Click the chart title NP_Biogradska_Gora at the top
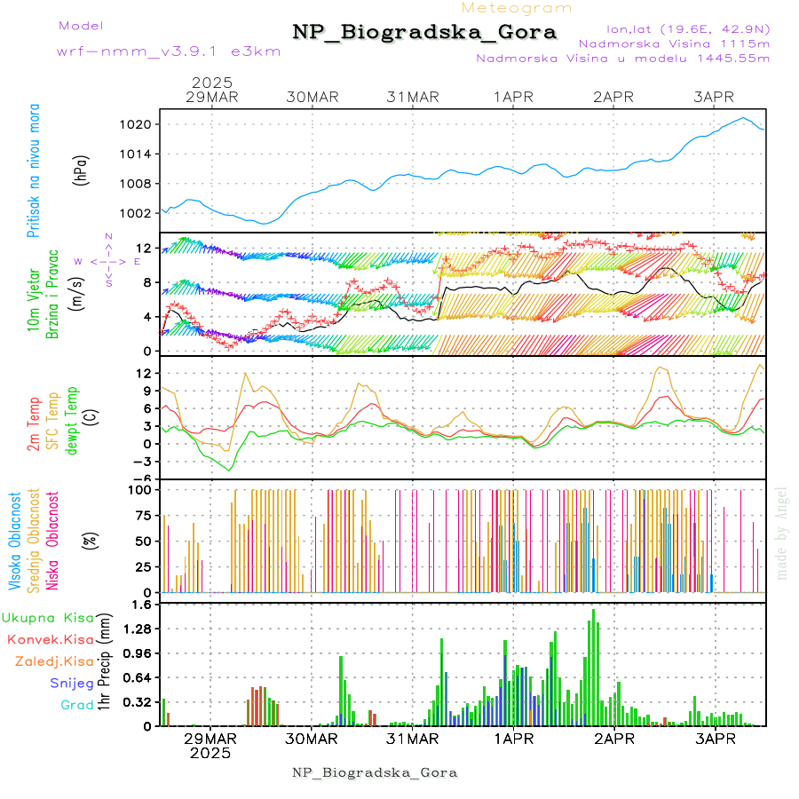(x=424, y=33)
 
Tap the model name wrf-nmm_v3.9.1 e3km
(x=169, y=51)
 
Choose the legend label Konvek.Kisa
(x=50, y=639)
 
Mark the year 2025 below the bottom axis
(x=210, y=753)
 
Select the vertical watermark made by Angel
(x=781, y=533)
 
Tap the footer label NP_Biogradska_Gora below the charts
(x=375, y=772)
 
